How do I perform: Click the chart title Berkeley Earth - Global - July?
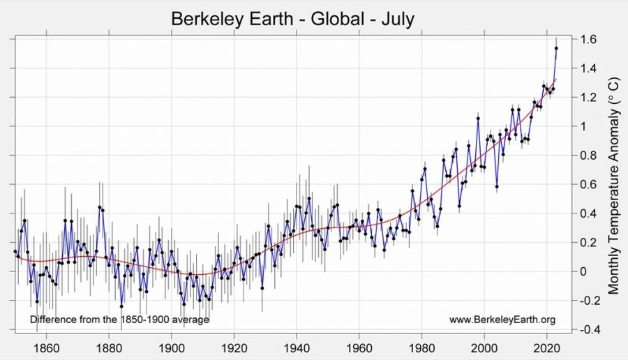click(x=292, y=18)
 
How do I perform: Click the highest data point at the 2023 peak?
click(x=556, y=48)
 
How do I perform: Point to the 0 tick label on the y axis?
click(x=584, y=271)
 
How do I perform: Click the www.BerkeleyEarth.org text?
click(x=502, y=320)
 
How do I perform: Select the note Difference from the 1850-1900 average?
click(x=119, y=320)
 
